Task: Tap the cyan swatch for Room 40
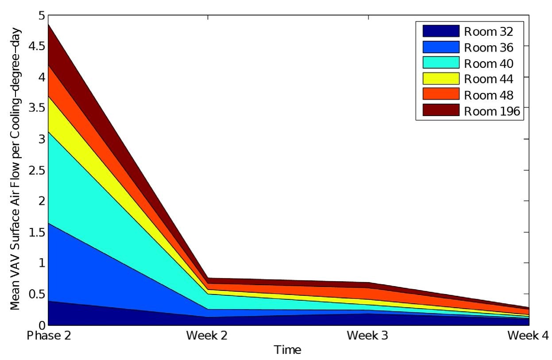441,63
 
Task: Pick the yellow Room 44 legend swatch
441,79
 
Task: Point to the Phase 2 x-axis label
49,336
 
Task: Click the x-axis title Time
288,350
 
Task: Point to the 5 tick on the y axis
42,15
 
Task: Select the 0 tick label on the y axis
42,325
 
